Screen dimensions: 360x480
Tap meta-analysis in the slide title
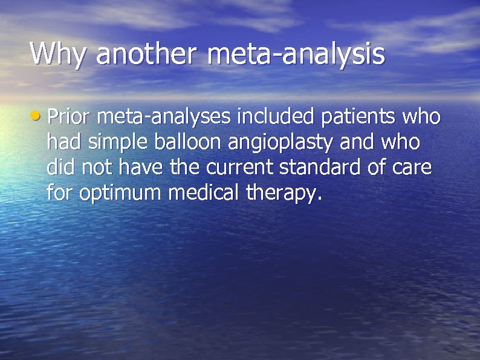point(296,54)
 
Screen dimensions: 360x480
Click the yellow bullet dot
point(37,114)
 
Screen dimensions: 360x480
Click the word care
point(413,168)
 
